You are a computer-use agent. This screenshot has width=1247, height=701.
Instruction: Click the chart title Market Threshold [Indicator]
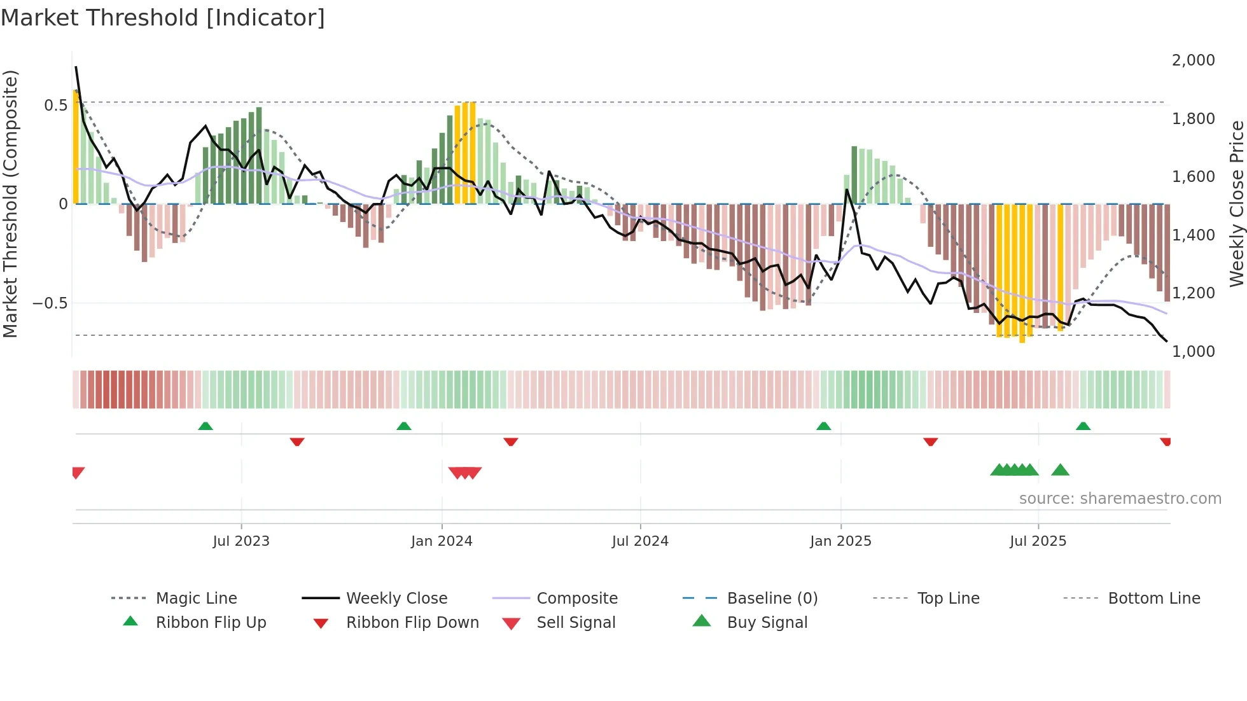(163, 18)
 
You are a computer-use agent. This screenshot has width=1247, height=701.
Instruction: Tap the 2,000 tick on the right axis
(1193, 60)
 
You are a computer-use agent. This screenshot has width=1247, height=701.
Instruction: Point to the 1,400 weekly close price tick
(1193, 235)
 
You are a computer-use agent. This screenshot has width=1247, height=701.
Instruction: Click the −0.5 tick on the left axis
(50, 303)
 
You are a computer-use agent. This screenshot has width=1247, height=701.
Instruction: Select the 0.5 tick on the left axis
(55, 105)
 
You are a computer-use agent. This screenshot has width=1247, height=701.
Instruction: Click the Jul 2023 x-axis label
(241, 541)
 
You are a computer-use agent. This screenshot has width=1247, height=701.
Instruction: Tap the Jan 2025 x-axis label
(840, 541)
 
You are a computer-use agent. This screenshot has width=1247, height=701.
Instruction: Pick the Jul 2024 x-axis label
(640, 541)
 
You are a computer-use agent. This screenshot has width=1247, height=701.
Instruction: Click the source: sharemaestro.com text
(1120, 499)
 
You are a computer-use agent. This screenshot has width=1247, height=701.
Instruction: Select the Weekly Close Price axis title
(1236, 204)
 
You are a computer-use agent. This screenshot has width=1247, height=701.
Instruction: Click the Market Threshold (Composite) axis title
(10, 204)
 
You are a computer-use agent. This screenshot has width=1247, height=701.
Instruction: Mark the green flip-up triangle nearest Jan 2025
(823, 426)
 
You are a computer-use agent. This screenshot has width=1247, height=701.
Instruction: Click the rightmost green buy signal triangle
(1060, 470)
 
